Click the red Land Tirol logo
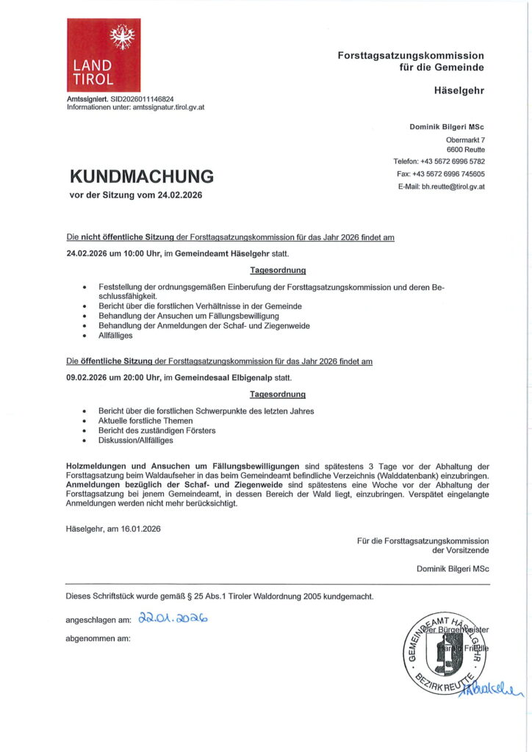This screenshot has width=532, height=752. tap(104, 55)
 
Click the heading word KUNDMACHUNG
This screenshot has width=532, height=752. tap(142, 176)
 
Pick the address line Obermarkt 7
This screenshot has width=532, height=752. tap(465, 140)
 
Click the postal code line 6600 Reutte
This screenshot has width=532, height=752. tap(467, 150)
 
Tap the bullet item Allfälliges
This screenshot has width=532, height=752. tap(116, 336)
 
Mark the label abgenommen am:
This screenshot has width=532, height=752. tap(98, 638)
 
